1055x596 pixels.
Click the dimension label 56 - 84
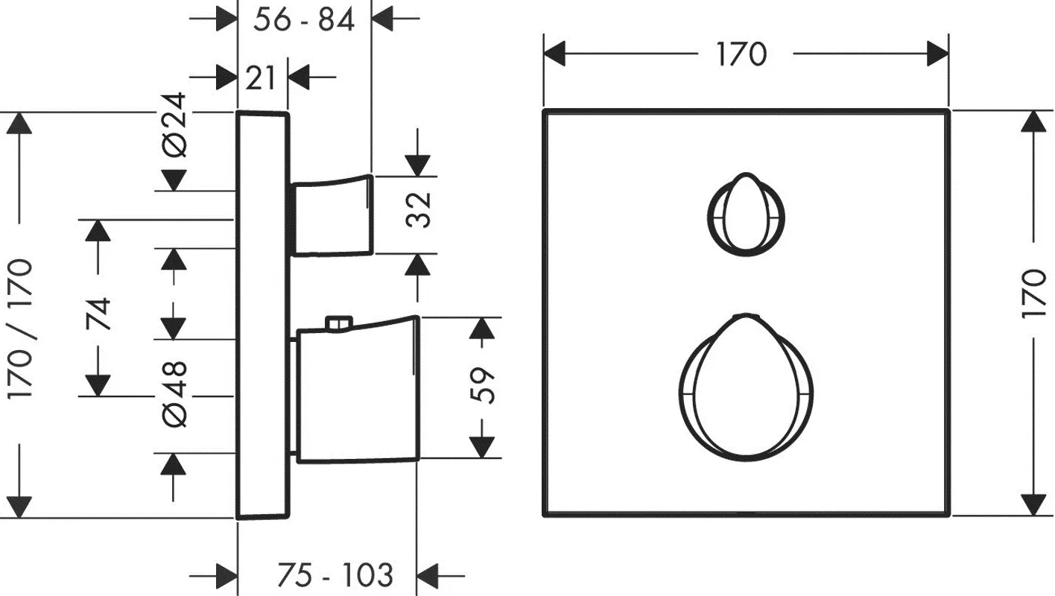(304, 21)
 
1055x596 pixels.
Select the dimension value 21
(260, 78)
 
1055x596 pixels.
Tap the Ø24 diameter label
(174, 124)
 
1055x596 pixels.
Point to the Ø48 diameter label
(174, 395)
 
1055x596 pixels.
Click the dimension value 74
(98, 314)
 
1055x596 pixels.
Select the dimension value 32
(418, 210)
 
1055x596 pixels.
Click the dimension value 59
(482, 386)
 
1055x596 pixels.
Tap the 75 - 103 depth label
(335, 575)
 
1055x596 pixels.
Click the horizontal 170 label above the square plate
(742, 54)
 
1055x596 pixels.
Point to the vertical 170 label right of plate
(1034, 294)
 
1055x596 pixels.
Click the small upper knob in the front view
(746, 215)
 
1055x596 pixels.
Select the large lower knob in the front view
(746, 387)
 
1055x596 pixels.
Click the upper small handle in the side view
(332, 215)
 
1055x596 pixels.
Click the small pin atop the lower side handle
(339, 323)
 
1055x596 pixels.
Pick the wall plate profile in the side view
(262, 315)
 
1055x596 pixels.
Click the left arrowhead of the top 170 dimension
(554, 54)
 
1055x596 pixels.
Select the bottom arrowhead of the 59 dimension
(482, 447)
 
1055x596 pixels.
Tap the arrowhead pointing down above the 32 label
(417, 165)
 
